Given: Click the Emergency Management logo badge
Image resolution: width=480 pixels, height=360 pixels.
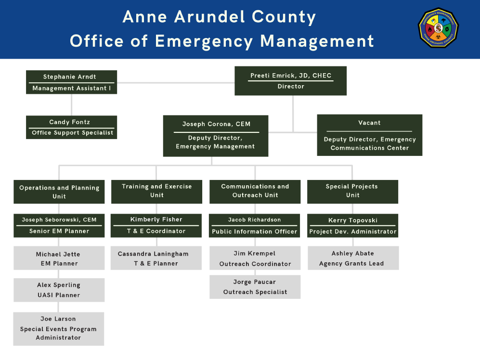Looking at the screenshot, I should (438, 28).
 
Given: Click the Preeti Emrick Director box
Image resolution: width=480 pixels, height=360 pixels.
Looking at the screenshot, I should (290, 81).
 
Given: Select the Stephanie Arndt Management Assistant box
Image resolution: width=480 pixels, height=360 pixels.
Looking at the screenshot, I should (71, 82).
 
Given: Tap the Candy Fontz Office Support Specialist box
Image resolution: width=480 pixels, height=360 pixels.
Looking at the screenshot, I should (71, 128).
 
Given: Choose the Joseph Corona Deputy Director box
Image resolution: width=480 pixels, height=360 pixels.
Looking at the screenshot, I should (216, 135).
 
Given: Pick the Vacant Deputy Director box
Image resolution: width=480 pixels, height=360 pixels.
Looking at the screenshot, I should (369, 135).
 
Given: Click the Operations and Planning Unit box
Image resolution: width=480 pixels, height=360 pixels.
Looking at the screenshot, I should (59, 192).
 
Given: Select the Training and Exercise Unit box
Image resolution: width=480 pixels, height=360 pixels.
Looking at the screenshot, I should (156, 191).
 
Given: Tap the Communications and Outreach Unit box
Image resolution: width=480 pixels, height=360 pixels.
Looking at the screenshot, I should (255, 191).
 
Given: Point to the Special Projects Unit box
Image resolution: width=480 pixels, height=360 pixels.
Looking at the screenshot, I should (352, 191).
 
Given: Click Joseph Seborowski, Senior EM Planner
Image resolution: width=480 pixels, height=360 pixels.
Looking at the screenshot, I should (59, 226).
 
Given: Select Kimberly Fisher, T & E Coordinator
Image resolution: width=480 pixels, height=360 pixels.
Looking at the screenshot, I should (156, 225).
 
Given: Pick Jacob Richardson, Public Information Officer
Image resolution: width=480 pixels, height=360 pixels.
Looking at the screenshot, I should (255, 226).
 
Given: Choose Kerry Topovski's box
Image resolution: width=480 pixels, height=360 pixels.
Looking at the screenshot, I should (352, 226).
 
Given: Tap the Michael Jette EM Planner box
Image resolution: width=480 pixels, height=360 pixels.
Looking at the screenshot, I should (59, 258).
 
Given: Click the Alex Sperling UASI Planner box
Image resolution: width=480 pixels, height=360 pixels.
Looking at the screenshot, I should (59, 290).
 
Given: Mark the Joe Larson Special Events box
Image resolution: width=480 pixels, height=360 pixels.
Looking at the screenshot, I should (58, 328).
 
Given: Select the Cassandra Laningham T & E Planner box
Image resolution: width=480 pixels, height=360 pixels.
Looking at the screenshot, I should (156, 258).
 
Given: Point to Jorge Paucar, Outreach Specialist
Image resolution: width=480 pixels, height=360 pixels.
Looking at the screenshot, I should (255, 287).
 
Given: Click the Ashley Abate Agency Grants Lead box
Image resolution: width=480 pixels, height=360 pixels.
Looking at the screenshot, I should (353, 258).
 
